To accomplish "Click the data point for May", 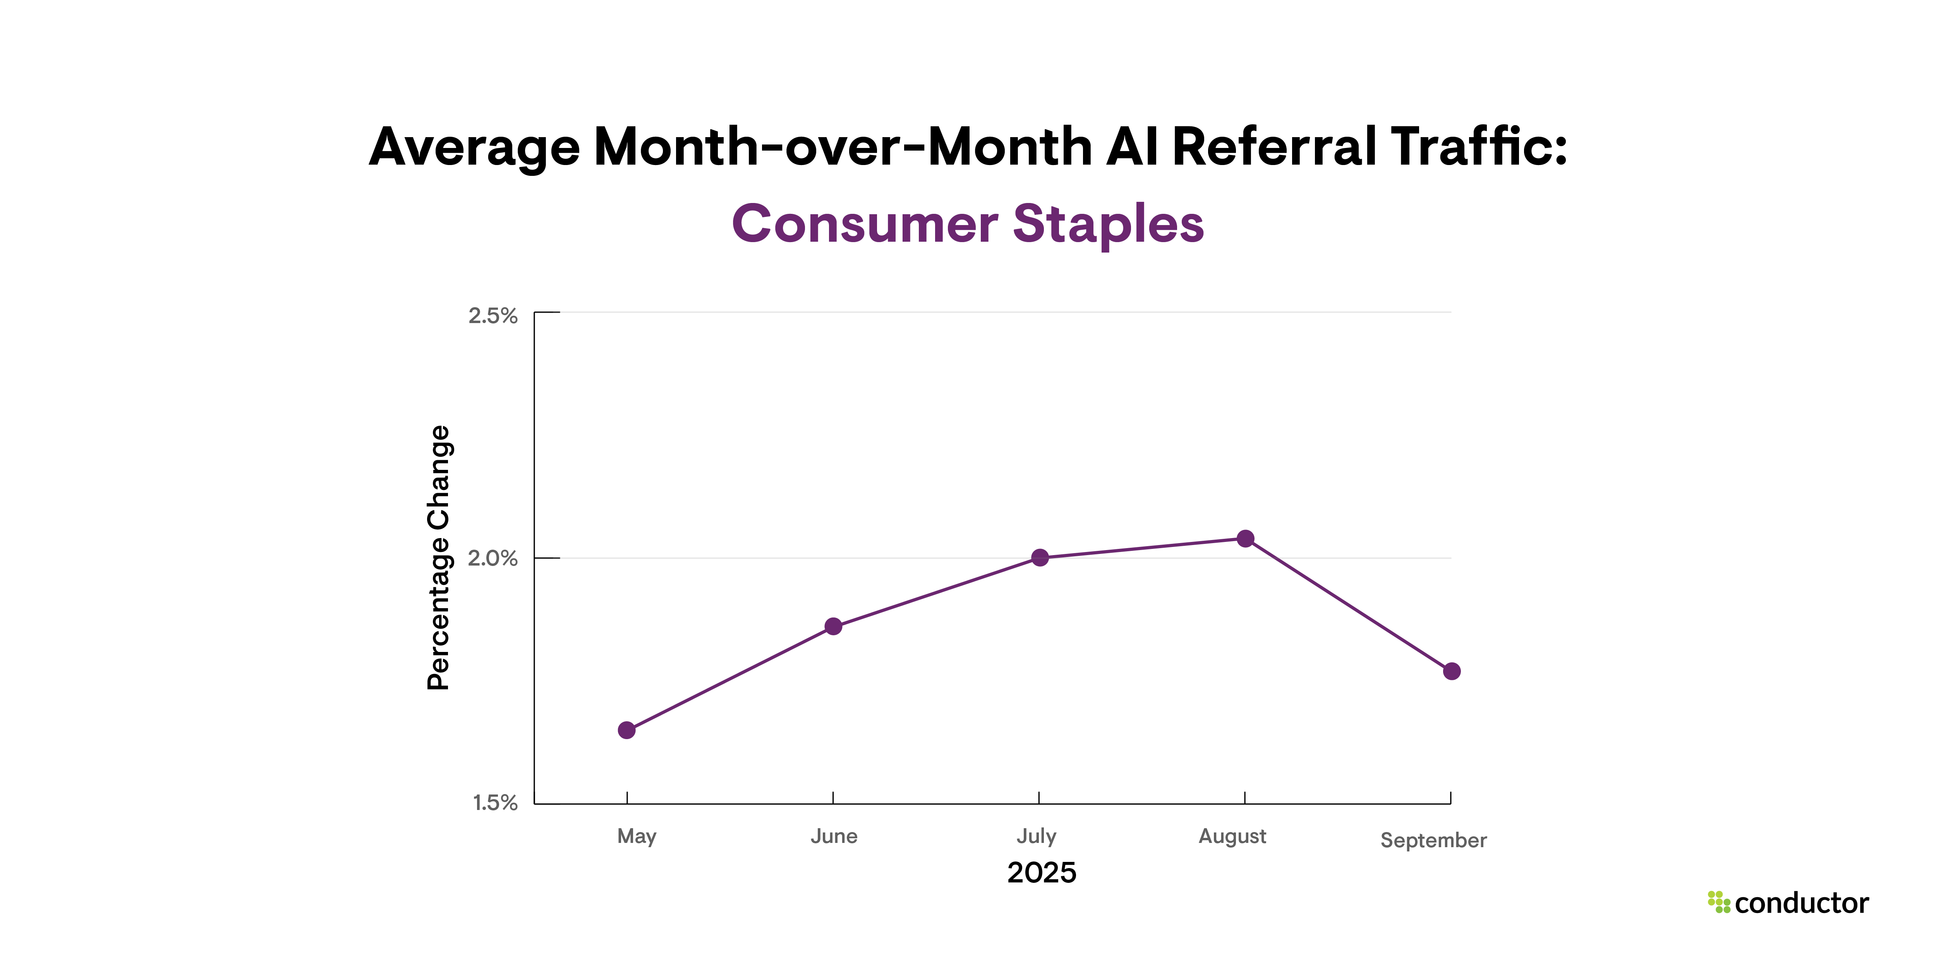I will [627, 730].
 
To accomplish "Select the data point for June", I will [834, 626].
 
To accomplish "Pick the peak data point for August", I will [1245, 538].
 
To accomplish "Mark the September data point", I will [1452, 671].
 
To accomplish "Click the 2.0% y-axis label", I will [493, 559].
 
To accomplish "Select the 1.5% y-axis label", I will [495, 803].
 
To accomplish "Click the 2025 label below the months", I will [1042, 873].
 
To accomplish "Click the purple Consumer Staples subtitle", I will [968, 224].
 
